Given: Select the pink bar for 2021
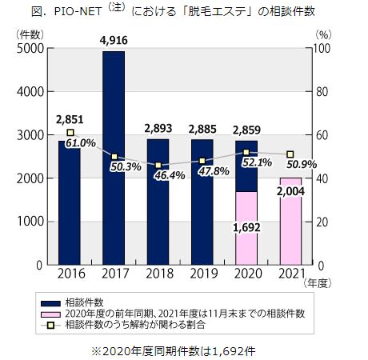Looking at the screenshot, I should (x=290, y=232).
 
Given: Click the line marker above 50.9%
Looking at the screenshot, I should (x=290, y=154).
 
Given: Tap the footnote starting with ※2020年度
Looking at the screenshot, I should (x=184, y=349).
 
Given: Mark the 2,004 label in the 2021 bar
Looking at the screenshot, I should (x=291, y=191).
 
